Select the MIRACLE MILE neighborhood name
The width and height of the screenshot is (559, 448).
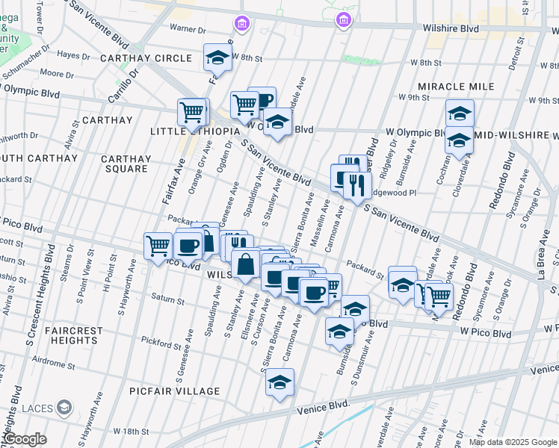456,87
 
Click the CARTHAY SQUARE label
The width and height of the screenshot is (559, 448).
125,164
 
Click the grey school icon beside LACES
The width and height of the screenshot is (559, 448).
65,406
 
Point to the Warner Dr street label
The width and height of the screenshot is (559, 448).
188,29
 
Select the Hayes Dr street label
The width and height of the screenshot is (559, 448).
73,55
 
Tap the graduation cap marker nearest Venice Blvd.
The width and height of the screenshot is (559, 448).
280,382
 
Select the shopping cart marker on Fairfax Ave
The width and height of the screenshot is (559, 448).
192,112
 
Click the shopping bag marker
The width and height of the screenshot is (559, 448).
246,264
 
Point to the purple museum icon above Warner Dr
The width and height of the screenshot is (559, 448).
241,24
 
